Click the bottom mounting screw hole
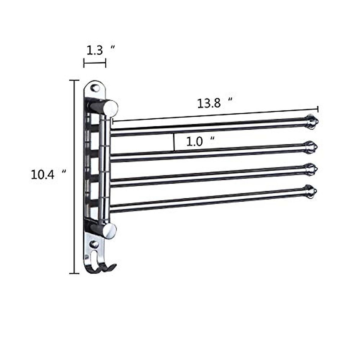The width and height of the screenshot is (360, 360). point(94,244)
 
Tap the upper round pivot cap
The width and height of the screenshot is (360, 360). point(110,108)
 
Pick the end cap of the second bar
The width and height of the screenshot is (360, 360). point(311,147)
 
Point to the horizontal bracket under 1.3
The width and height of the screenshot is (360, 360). point(95,63)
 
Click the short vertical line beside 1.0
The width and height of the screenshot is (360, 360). point(174,142)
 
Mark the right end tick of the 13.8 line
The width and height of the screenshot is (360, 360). point(318,109)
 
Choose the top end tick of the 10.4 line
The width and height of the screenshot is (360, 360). point(74,80)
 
